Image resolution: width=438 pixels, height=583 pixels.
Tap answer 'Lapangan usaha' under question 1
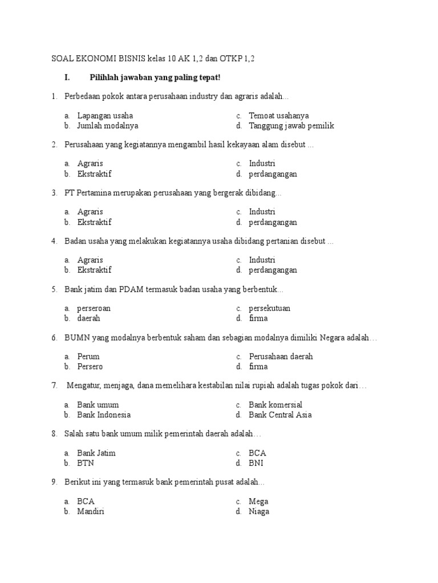[x=105, y=116]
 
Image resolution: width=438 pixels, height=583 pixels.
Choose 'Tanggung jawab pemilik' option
[x=291, y=126]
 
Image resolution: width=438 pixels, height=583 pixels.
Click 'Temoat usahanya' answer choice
[x=279, y=116]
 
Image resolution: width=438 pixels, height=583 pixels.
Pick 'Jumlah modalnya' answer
[x=108, y=126]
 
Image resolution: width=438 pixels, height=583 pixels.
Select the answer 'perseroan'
[x=94, y=308]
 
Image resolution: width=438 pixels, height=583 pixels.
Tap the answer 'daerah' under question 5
[x=89, y=318]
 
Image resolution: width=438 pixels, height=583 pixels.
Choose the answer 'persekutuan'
[x=270, y=308]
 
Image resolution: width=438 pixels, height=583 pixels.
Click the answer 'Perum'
[x=88, y=356]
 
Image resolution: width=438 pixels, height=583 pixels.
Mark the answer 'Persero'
[x=90, y=367]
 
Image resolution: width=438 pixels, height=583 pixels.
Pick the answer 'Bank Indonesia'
[x=104, y=414]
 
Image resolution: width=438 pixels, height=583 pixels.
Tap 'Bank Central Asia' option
[x=281, y=414]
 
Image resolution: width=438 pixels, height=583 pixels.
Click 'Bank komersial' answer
[x=275, y=405]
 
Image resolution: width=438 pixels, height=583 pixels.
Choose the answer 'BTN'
[x=86, y=463]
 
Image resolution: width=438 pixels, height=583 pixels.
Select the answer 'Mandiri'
[x=91, y=511]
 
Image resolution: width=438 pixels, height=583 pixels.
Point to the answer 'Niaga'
[x=259, y=511]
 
